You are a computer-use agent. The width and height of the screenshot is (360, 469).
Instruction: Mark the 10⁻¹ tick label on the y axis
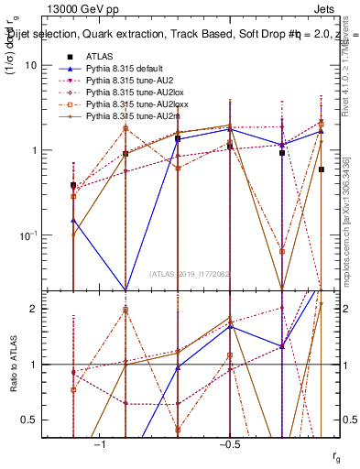coord(40,235)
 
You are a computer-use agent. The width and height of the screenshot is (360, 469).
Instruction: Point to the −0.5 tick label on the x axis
coord(228,444)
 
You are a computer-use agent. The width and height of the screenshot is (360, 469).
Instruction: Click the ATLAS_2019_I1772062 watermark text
coord(191,274)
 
